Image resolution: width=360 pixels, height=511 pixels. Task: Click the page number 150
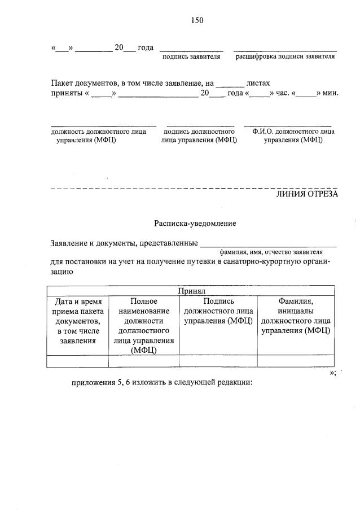[197, 20]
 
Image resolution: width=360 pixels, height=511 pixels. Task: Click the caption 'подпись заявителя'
[191, 56]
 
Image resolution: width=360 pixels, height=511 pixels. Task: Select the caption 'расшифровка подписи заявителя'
[285, 56]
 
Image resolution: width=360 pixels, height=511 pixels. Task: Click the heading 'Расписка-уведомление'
[195, 224]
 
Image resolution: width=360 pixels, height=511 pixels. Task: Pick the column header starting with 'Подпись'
[218, 311]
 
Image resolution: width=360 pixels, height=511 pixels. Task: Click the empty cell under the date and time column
[77, 361]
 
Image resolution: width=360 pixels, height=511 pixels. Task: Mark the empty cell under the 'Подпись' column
[218, 361]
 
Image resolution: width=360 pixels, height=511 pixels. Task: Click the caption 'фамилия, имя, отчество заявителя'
[271, 252]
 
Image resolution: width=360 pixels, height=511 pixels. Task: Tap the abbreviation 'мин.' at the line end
[330, 93]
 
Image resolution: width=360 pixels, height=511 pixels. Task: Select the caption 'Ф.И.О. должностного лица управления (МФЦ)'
[293, 136]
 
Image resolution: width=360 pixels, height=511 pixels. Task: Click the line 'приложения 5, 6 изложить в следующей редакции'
[161, 382]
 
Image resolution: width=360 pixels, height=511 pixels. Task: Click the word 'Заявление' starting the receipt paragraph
[68, 244]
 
